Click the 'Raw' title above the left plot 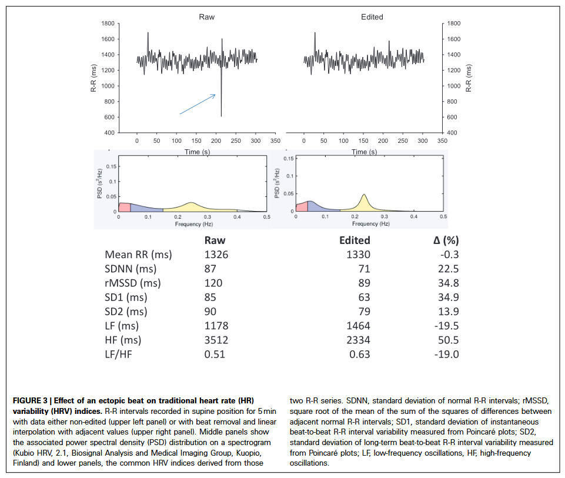[206, 16]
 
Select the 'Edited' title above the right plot [372, 16]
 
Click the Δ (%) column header [442, 240]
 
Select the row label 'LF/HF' [120, 354]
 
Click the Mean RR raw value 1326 [216, 255]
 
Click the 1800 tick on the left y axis [107, 24]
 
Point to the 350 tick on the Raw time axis [275, 142]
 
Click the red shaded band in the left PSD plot [124, 207]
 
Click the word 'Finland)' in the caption [28, 463]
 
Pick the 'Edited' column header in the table [355, 240]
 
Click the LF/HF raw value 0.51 [214, 354]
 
